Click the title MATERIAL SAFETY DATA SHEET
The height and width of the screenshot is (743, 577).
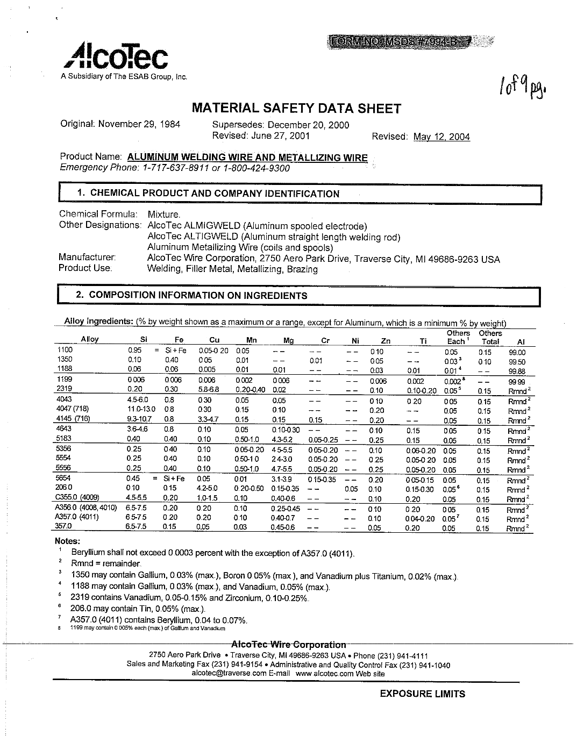[296, 109]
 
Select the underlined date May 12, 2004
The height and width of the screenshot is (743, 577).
[441, 137]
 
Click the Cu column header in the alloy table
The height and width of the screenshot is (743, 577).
[214, 340]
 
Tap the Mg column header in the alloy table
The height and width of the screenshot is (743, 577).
[289, 340]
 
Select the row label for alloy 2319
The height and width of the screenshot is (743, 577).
[64, 389]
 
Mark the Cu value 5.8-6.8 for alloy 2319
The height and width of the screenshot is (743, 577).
[207, 390]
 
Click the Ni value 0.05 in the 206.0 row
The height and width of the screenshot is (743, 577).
[351, 489]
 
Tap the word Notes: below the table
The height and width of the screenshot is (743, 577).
[68, 541]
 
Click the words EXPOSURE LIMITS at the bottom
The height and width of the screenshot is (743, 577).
[422, 694]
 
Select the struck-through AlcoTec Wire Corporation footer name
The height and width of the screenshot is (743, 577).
[288, 644]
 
